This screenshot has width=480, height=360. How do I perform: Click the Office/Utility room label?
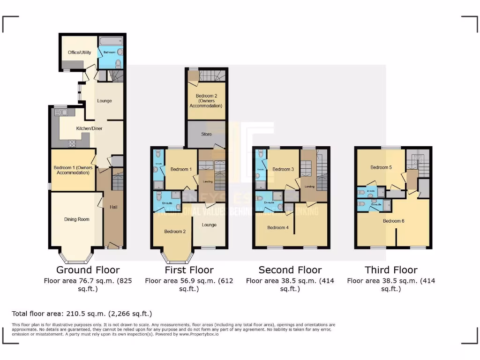point(79,52)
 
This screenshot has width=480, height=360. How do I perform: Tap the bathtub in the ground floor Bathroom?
point(111,41)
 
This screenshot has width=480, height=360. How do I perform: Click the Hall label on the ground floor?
point(113,207)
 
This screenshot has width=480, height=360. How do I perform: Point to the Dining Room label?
point(76,219)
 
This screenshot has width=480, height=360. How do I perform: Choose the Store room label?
point(206,134)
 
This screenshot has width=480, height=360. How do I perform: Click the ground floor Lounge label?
point(104,101)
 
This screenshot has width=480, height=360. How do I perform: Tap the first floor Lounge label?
point(209,225)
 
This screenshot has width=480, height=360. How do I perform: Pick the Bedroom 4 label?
point(277,228)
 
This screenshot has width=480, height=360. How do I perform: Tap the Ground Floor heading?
point(88,270)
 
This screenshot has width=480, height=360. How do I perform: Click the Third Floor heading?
point(391,270)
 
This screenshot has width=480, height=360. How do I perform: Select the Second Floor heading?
point(290,270)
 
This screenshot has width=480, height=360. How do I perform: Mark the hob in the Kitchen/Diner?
point(73,144)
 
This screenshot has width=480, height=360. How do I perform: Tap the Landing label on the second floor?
point(309,186)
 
